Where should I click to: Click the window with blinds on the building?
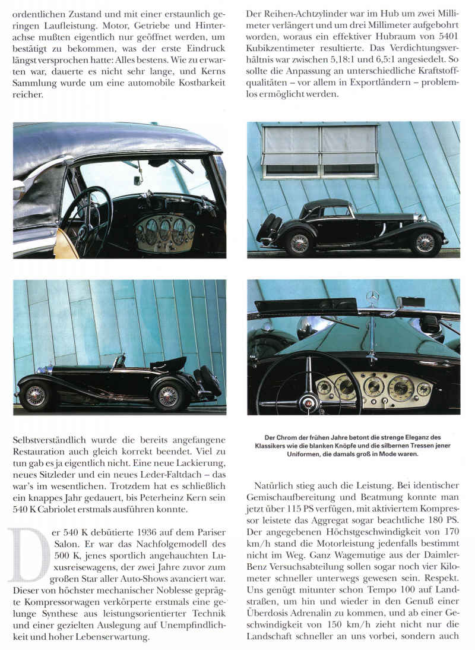point(321,152)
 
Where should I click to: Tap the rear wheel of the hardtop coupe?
point(300,244)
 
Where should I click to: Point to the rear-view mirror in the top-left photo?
point(138,179)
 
